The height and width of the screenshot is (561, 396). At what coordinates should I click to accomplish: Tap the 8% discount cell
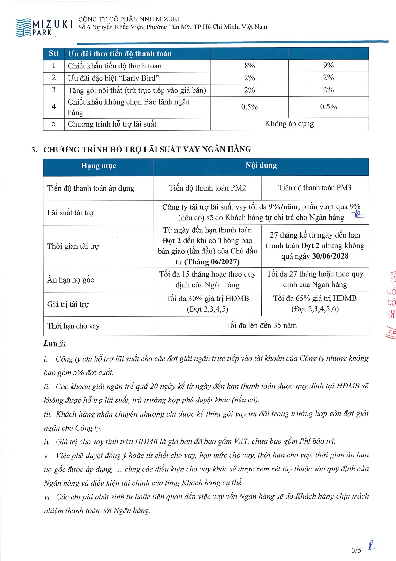click(249, 66)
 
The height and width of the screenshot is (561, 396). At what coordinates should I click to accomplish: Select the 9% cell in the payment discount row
click(328, 66)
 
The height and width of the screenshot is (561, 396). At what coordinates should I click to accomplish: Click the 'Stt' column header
click(54, 53)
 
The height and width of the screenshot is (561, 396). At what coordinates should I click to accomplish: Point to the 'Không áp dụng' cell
click(289, 124)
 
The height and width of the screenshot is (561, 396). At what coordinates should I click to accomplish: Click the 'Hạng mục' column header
click(98, 166)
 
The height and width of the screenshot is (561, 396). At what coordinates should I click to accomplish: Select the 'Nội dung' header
click(261, 165)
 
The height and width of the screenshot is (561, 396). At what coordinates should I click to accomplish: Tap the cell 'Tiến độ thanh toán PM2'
click(207, 188)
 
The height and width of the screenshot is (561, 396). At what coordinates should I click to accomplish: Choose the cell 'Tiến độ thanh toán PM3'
click(315, 188)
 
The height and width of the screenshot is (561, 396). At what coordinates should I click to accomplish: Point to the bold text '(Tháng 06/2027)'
click(212, 262)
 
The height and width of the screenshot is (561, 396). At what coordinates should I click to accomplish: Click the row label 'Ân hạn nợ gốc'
click(71, 280)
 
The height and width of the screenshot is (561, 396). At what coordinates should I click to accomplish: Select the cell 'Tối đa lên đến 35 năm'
click(261, 325)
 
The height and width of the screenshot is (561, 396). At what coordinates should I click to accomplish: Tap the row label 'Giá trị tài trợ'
click(68, 304)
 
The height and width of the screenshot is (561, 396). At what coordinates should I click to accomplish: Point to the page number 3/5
click(356, 550)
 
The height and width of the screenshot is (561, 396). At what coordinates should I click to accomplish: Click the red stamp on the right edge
click(392, 304)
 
